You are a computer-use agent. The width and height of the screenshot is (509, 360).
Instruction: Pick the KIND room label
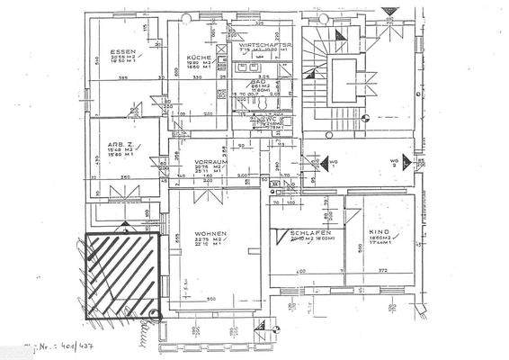(377, 231)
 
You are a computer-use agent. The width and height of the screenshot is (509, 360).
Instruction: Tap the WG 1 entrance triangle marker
(342, 166)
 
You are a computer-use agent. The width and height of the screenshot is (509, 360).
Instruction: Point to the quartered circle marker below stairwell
(365, 116)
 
